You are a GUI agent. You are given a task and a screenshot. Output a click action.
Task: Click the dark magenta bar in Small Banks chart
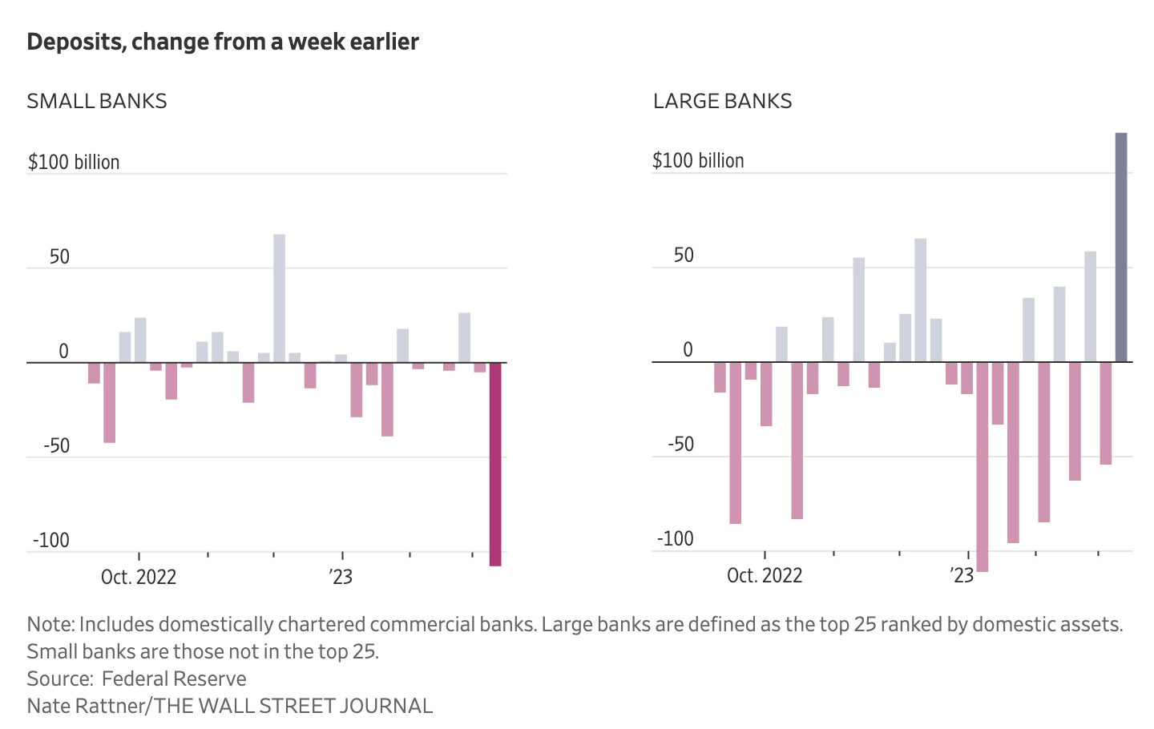495,464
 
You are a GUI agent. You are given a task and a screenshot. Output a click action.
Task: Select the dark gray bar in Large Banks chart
1121,248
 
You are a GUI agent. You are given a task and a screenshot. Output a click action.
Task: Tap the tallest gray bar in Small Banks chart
279,298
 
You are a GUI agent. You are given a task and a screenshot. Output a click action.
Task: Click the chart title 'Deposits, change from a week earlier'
223,42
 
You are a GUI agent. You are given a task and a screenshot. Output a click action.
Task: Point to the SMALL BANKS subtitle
97,101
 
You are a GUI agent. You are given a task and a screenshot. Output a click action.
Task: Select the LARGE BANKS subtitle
722,101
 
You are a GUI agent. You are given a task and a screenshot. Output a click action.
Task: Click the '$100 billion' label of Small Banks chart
74,162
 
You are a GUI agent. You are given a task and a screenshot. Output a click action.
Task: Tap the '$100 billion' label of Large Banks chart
698,160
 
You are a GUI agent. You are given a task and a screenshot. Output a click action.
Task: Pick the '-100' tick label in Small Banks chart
51,540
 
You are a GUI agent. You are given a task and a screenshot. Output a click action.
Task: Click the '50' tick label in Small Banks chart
59,257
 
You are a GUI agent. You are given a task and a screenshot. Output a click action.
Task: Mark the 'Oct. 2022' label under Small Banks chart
139,577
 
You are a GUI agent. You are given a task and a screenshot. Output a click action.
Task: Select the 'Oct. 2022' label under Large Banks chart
765,575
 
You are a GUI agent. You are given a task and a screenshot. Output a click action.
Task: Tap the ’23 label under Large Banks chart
962,575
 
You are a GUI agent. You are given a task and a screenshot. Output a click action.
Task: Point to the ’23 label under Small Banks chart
341,577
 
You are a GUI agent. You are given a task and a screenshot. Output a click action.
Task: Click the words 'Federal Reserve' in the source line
174,679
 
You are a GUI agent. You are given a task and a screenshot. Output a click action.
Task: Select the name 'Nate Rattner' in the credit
87,706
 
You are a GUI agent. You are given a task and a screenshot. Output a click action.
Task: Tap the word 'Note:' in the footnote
50,624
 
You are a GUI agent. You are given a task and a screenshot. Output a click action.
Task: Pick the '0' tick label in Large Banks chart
688,350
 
